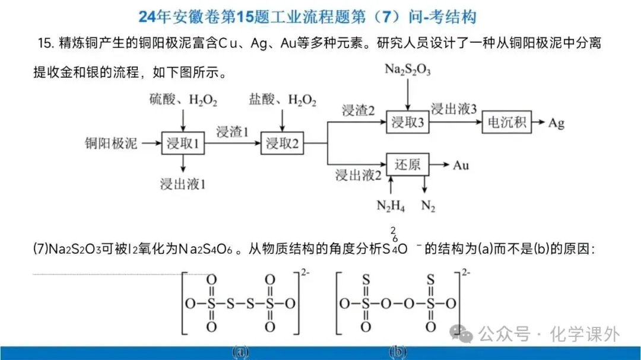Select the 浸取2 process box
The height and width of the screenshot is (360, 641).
pyautogui.click(x=282, y=144)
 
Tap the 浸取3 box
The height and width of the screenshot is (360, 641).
pyautogui.click(x=407, y=123)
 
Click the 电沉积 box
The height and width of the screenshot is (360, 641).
pyautogui.click(x=507, y=123)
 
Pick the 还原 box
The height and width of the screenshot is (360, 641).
pyautogui.click(x=407, y=164)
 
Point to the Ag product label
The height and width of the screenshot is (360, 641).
pyautogui.click(x=556, y=123)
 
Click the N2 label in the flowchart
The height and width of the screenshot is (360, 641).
pyautogui.click(x=427, y=206)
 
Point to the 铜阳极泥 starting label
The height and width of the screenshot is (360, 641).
pyautogui.click(x=111, y=144)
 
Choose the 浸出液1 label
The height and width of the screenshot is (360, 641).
pyautogui.click(x=183, y=184)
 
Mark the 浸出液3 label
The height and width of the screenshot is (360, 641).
pyautogui.click(x=454, y=109)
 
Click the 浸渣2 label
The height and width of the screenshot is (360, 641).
pyautogui.click(x=358, y=110)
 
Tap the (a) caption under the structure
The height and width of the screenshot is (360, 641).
pyautogui.click(x=240, y=352)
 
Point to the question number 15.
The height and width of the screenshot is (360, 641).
pyautogui.click(x=44, y=43)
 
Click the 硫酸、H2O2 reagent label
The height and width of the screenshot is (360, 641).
pyautogui.click(x=183, y=101)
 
